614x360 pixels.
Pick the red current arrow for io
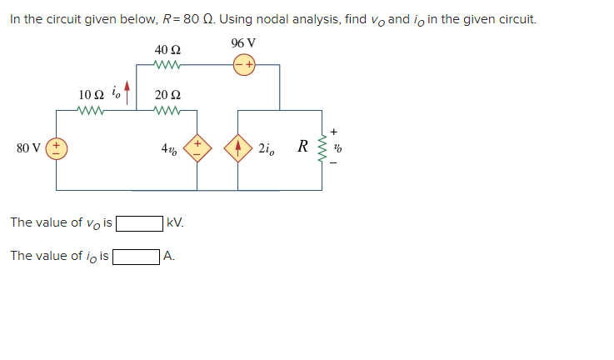127,89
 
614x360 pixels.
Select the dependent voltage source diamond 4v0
197,149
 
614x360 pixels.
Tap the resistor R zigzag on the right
321,149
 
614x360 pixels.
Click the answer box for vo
139,223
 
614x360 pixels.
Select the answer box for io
136,257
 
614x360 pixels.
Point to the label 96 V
243,43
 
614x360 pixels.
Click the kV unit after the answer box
175,223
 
